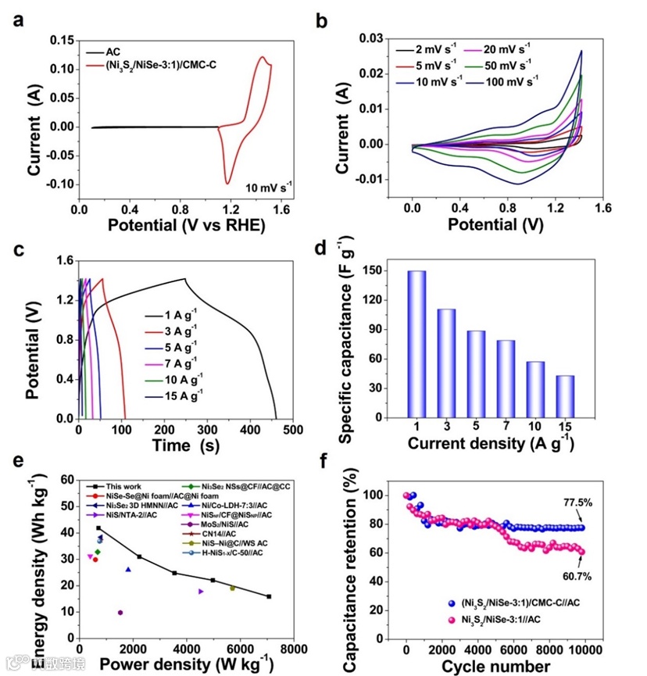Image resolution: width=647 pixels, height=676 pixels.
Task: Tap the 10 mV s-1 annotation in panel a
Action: coord(269,187)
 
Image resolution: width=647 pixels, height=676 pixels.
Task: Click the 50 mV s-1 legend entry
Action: coord(506,64)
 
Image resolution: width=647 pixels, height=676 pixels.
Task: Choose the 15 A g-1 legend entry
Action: coord(184,396)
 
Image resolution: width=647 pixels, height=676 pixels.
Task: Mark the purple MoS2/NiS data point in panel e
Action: coord(120,613)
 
